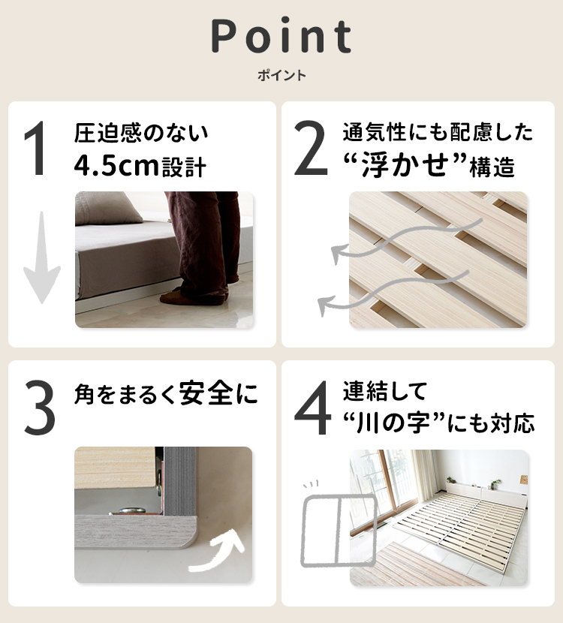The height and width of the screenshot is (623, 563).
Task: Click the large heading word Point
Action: pyautogui.click(x=281, y=36)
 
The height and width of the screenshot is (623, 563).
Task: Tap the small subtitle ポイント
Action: pyautogui.click(x=281, y=76)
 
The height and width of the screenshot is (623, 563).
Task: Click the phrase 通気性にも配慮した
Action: pyautogui.click(x=438, y=134)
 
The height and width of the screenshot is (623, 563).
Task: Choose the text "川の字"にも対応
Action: pyautogui.click(x=439, y=423)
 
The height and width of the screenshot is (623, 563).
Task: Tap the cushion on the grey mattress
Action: pyautogui.click(x=108, y=207)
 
